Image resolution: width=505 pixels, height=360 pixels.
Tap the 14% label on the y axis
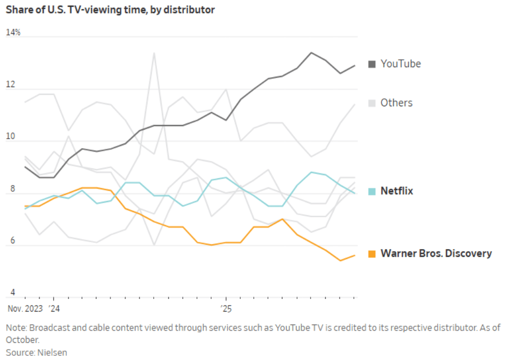(13, 32)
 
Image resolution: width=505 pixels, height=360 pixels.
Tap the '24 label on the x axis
(54, 308)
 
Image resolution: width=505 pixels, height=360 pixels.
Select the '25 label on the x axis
(226, 308)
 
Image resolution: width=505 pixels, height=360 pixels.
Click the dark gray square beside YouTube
(372, 64)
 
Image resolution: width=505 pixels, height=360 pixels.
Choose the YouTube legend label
(400, 64)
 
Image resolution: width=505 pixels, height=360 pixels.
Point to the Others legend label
(396, 103)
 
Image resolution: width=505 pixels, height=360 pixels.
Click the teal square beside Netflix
(372, 191)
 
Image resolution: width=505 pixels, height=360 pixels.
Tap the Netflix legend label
(396, 191)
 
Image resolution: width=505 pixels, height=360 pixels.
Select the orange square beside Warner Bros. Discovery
(372, 254)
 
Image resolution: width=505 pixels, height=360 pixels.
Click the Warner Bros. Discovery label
(436, 254)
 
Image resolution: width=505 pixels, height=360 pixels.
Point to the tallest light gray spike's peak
(154, 53)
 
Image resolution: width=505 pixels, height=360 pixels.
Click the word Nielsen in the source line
(52, 352)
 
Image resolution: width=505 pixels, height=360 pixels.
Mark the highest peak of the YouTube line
(311, 53)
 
